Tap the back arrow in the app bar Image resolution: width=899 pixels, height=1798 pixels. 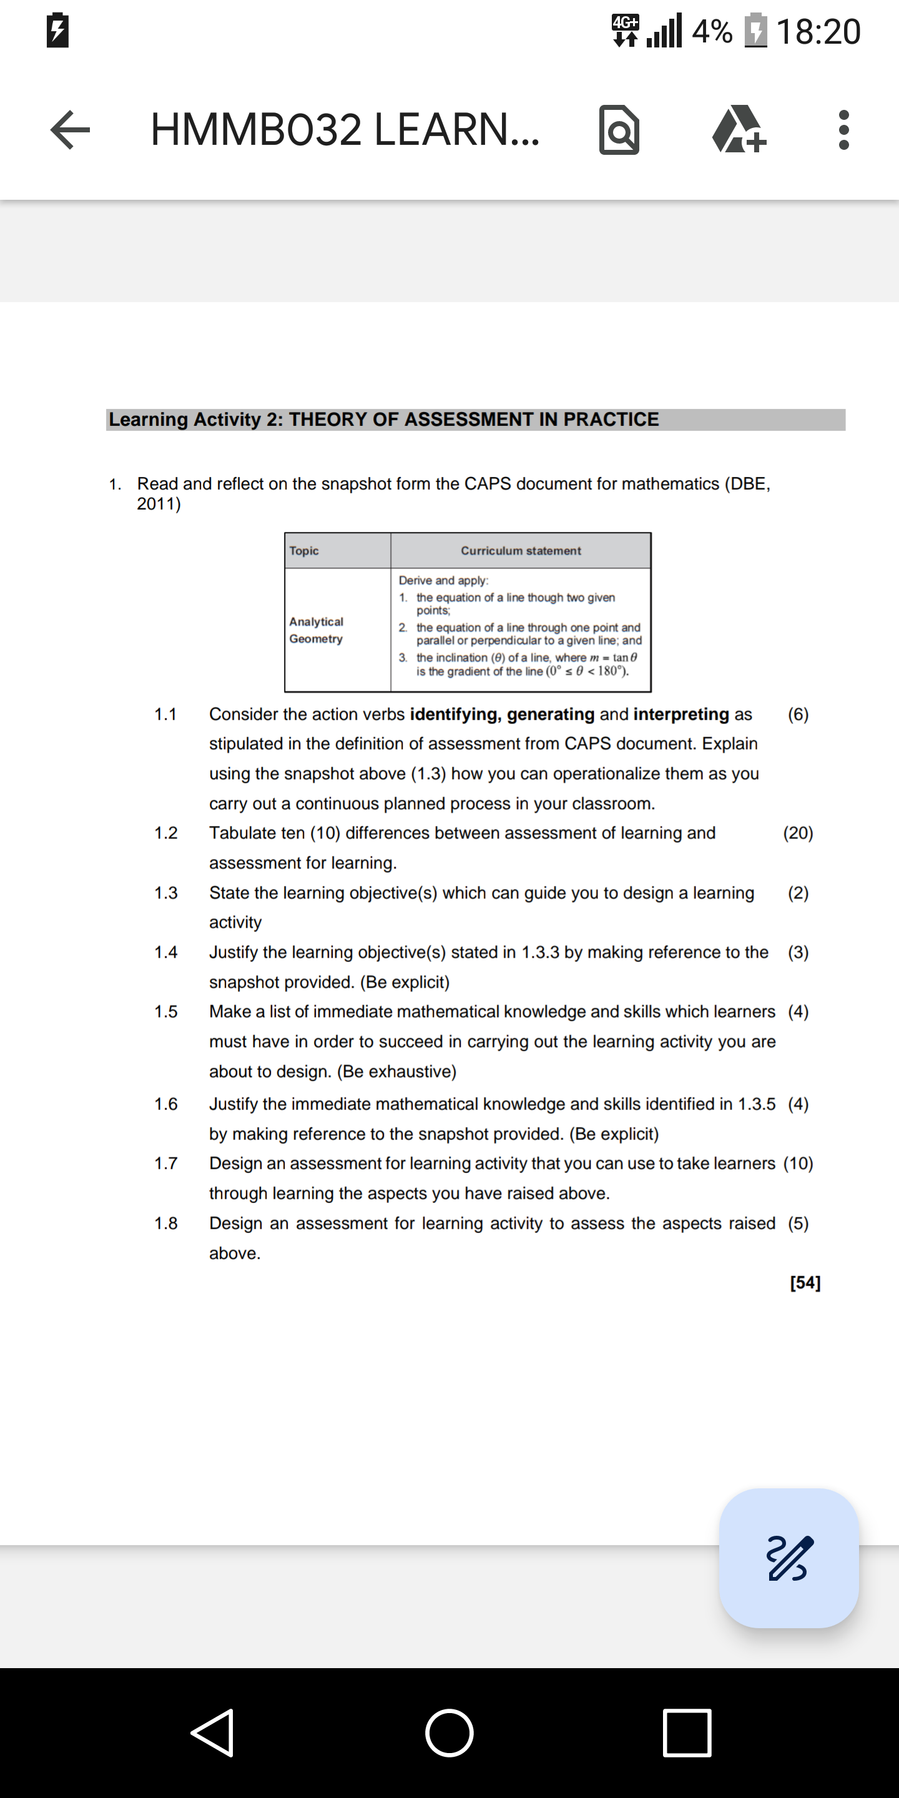71,130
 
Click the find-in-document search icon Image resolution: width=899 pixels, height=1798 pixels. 619,130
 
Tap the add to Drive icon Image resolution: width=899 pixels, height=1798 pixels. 739,130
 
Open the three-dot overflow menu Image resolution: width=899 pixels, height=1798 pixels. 843,130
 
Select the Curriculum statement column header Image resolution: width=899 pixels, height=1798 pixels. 520,551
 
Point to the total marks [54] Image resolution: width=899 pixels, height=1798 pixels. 805,1282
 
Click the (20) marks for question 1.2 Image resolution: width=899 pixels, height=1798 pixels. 798,833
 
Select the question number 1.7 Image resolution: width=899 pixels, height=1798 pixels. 166,1164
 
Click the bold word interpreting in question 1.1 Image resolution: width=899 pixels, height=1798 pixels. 681,714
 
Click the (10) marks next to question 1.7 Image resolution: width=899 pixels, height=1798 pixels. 798,1164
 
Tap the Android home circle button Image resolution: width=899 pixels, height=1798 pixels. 449,1732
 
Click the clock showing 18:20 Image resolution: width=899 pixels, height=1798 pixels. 818,32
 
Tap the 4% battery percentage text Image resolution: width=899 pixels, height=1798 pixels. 712,32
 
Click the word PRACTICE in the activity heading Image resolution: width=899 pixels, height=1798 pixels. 611,420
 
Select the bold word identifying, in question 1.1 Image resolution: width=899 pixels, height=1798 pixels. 455,714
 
